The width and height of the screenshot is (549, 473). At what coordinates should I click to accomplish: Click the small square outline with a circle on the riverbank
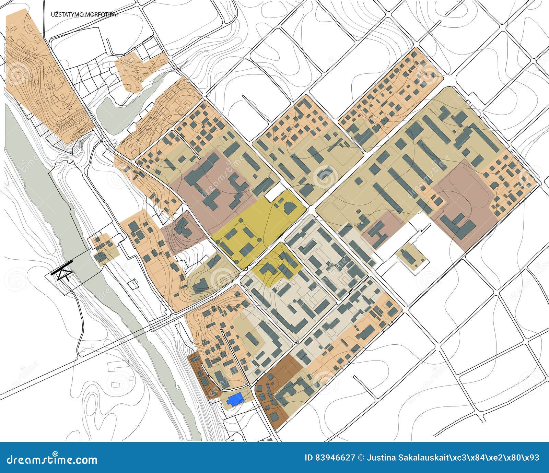coord(134,283)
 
